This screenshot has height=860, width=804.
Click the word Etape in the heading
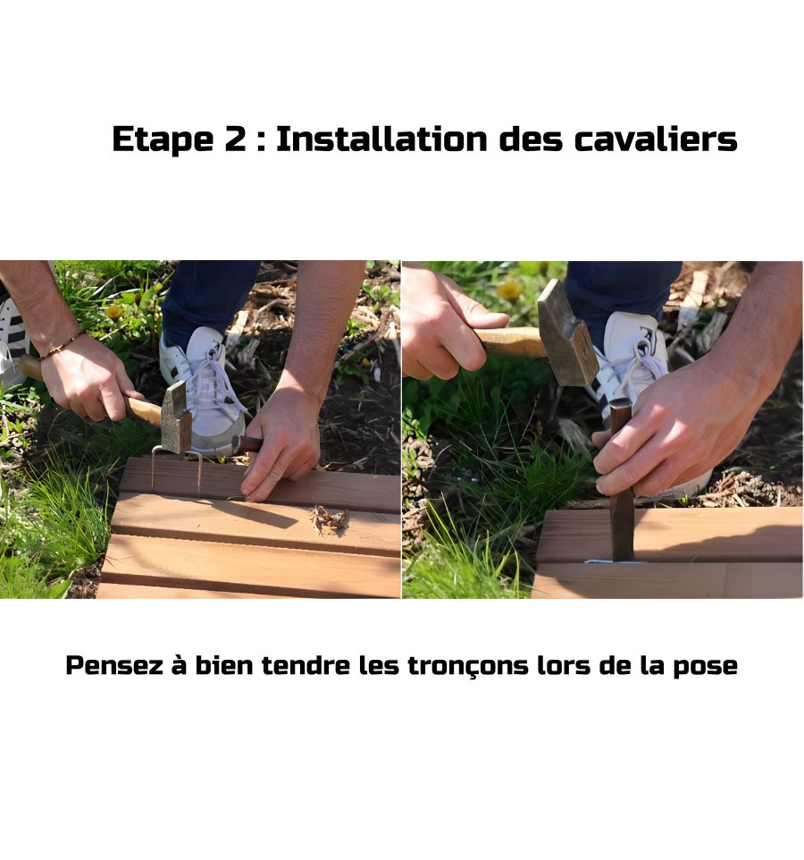pyautogui.click(x=163, y=139)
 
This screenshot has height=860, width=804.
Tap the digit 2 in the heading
pyautogui.click(x=236, y=139)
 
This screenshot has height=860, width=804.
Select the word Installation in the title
pyautogui.click(x=381, y=139)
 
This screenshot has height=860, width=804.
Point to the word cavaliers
pyautogui.click(x=656, y=139)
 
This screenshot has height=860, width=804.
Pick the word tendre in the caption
pyautogui.click(x=306, y=665)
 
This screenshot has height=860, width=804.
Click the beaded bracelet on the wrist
pyautogui.click(x=62, y=346)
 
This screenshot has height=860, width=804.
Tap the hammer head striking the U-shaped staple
pyautogui.click(x=176, y=417)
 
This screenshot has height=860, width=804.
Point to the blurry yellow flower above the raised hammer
pyautogui.click(x=509, y=290)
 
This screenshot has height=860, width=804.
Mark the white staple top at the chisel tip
pyautogui.click(x=614, y=561)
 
